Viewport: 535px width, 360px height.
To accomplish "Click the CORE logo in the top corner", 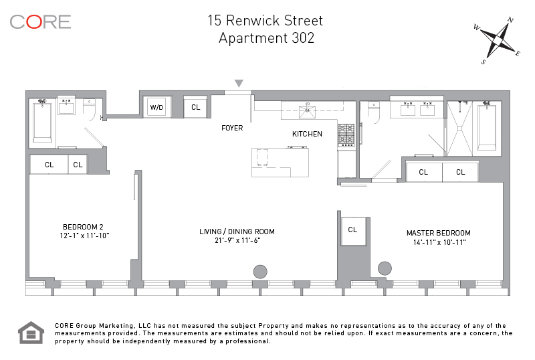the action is coord(40,21).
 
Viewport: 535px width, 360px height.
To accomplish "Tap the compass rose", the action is coord(497,41).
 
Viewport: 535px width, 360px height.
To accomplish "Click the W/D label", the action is coord(156,107).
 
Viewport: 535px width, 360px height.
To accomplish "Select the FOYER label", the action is coord(232,128).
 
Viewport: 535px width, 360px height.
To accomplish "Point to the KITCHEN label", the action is coord(307,134).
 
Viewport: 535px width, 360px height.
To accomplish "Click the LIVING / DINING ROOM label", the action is coord(237,232).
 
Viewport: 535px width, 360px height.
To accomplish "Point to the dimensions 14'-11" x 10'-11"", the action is coord(438,242).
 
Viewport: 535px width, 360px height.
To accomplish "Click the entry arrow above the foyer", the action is coord(239,84).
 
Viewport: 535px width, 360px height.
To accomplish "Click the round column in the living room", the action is coord(259,272).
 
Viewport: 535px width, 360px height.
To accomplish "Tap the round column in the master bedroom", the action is coord(385,268).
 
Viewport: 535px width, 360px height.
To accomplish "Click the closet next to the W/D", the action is coord(195,107).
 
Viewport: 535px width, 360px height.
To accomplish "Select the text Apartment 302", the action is coord(266,38).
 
